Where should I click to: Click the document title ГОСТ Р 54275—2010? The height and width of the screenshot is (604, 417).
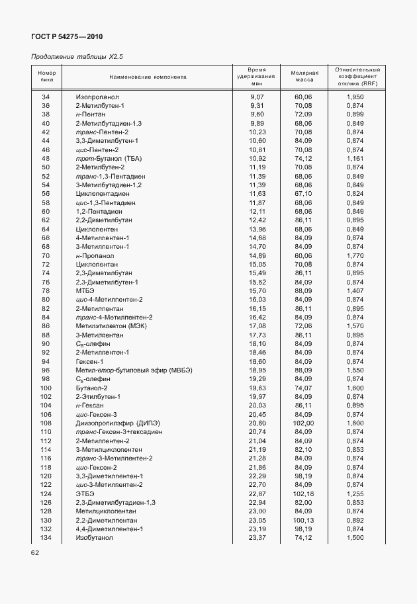[x=68, y=37]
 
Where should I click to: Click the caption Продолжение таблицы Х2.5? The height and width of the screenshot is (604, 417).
[x=77, y=57]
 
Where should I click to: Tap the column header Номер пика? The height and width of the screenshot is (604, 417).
[x=46, y=77]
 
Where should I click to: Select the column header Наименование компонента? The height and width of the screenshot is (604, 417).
[x=148, y=77]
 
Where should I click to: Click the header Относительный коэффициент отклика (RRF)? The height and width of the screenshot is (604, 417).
[x=358, y=77]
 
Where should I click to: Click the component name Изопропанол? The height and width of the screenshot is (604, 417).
[x=97, y=97]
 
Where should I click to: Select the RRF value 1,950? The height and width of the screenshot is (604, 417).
[x=355, y=97]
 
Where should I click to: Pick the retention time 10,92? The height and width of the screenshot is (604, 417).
[x=257, y=159]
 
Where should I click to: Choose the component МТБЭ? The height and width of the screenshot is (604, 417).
[x=85, y=290]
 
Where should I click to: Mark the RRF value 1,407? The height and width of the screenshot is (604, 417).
[x=355, y=290]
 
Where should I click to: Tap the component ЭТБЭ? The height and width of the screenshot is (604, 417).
[x=85, y=494]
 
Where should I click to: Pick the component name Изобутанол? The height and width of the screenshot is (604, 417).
[x=94, y=538]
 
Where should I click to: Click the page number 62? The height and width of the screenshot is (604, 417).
[x=36, y=552]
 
